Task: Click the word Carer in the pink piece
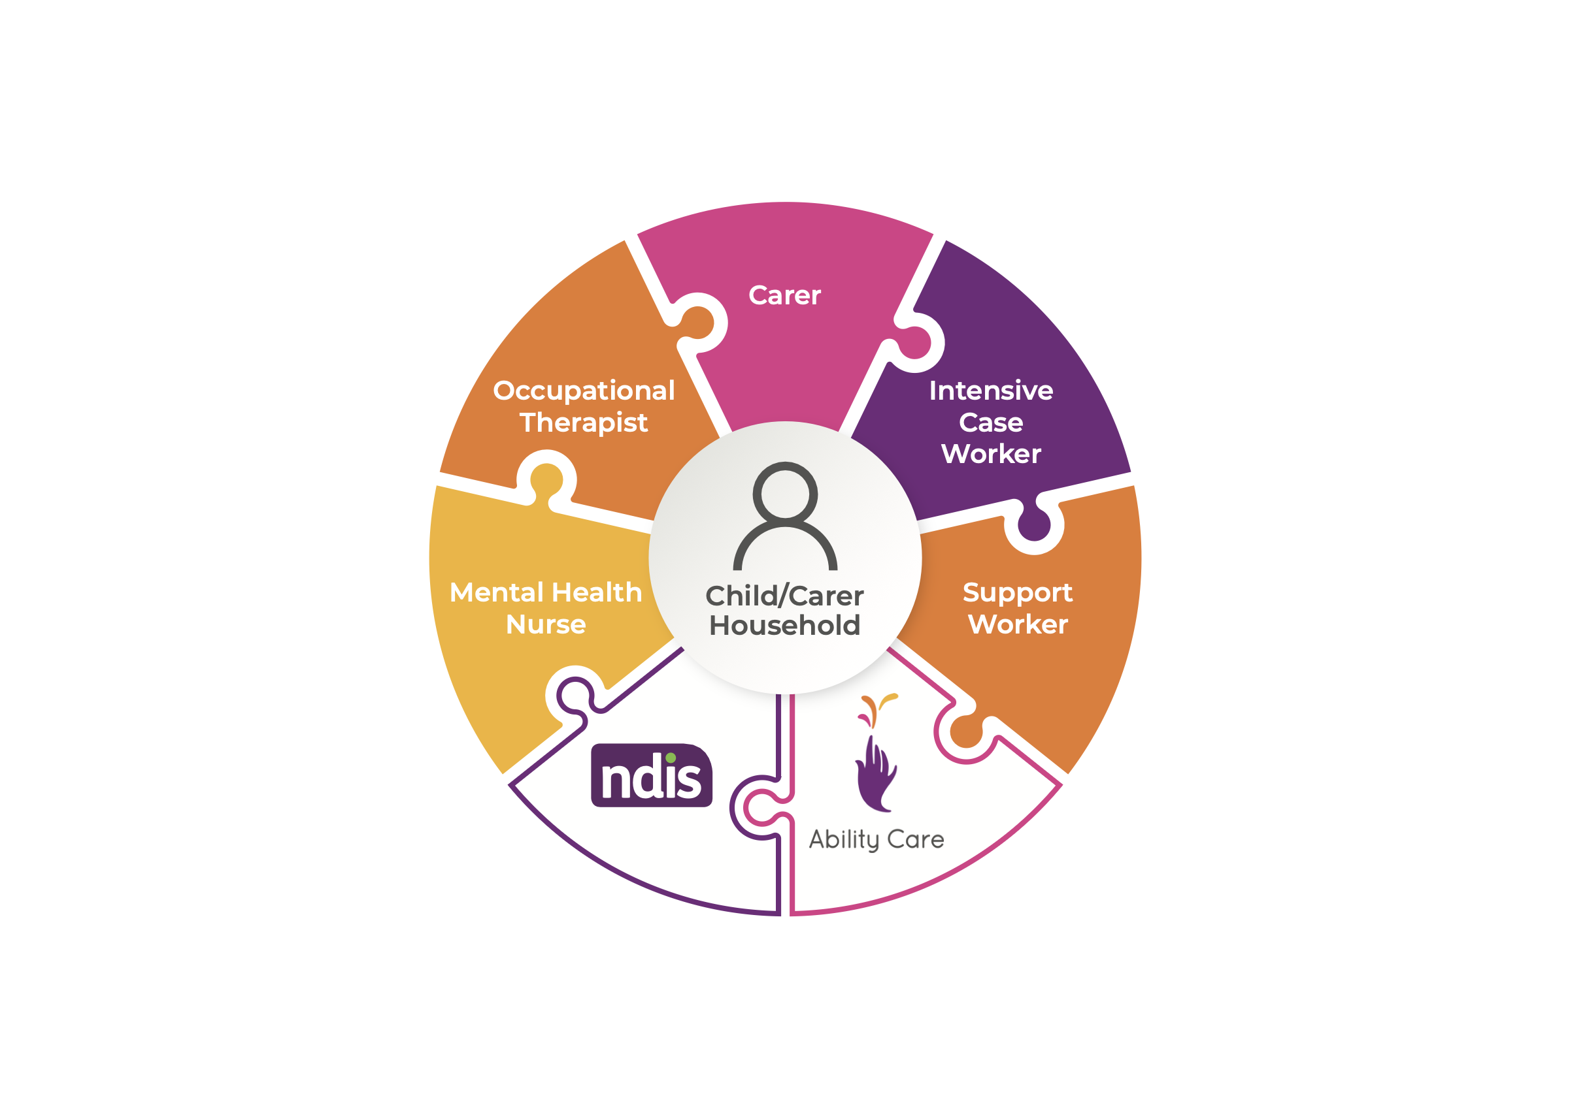click(784, 296)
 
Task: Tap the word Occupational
click(583, 391)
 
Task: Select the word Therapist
click(583, 423)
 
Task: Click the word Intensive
click(991, 391)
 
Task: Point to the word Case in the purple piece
click(991, 423)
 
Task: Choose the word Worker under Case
click(991, 455)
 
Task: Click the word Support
click(1018, 592)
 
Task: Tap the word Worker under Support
click(1018, 624)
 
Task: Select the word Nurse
click(546, 624)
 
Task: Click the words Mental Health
click(546, 592)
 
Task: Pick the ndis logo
click(651, 775)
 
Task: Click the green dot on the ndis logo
click(671, 758)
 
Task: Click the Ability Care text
click(876, 840)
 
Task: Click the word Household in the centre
click(784, 626)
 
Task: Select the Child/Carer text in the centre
click(784, 596)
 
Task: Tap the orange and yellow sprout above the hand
click(877, 709)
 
